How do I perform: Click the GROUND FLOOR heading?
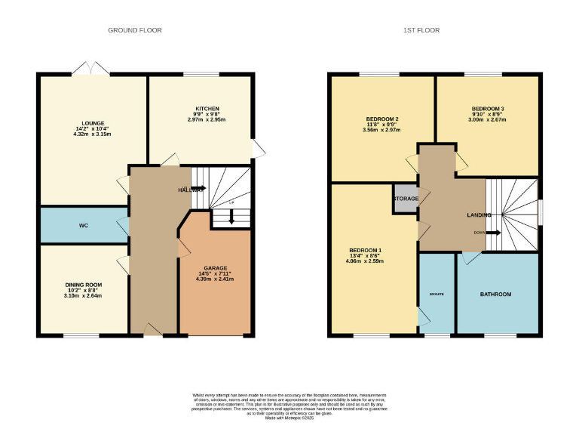point(135,30)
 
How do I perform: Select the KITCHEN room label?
point(201,107)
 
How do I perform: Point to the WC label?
point(84,225)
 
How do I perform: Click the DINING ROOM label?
point(83,285)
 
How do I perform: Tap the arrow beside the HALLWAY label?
point(198,189)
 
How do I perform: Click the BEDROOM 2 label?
point(382,119)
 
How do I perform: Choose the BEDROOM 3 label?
point(488,108)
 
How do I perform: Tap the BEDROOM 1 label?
point(365,250)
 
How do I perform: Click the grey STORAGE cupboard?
point(405,199)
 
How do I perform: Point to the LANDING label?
point(479,215)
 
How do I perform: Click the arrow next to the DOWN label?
point(492,233)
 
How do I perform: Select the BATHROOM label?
point(496,294)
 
